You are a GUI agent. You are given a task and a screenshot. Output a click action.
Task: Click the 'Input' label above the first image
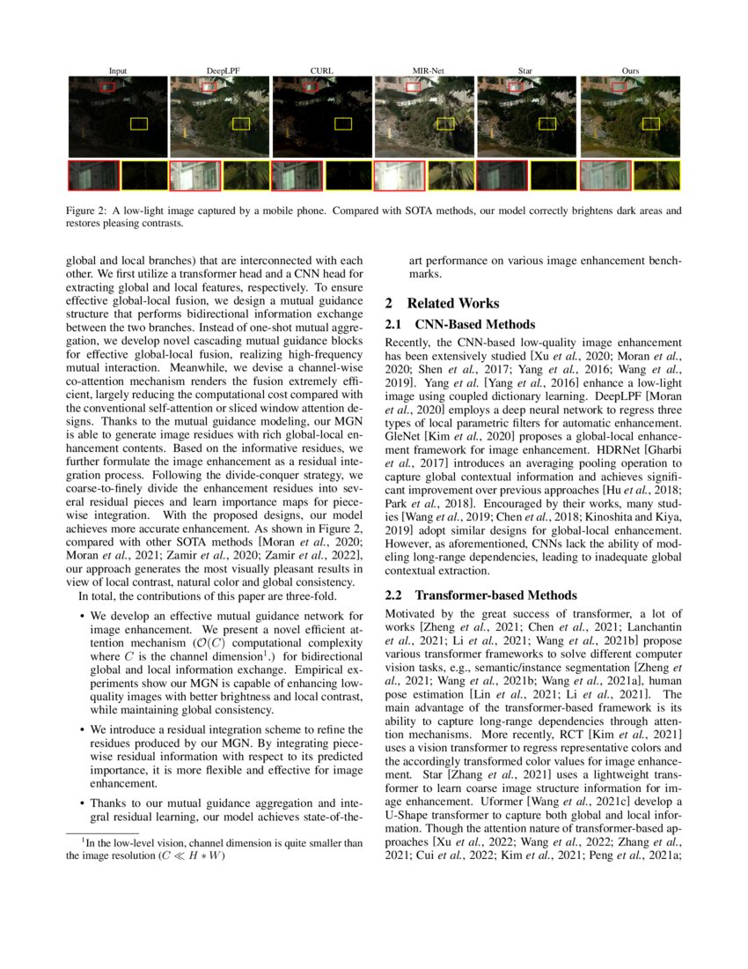[x=117, y=70]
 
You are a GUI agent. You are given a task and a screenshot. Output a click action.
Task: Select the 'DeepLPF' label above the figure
[x=219, y=70]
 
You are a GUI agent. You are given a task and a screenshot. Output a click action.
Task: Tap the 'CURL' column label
[x=322, y=70]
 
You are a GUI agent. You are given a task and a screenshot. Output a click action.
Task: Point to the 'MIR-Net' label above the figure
[x=424, y=70]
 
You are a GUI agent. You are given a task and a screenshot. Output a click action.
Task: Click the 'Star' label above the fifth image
[x=526, y=70]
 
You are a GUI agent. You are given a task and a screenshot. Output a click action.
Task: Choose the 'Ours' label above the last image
[x=629, y=70]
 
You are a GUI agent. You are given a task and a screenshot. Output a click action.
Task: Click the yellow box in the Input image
[x=139, y=123]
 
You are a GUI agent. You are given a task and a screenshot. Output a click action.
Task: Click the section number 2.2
[x=395, y=595]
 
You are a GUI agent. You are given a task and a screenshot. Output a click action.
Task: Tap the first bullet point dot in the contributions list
[x=82, y=615]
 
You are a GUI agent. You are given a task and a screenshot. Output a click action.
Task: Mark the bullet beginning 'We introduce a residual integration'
[x=82, y=729]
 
